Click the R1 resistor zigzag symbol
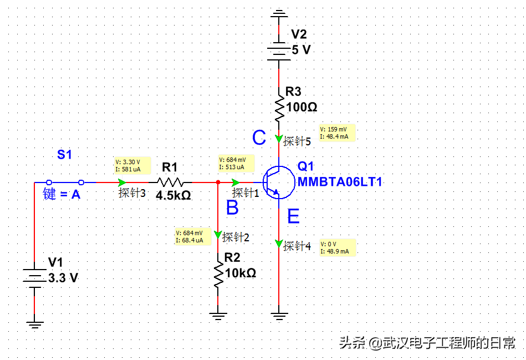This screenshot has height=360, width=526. point(171,181)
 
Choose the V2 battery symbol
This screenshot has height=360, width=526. point(279,50)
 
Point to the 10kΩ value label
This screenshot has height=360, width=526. point(241,273)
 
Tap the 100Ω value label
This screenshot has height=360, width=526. point(302,107)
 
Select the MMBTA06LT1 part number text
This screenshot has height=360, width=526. point(340,182)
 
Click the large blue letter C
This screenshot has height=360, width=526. point(259,138)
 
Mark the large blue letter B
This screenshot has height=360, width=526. point(232,208)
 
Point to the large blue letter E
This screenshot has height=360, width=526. point(293,216)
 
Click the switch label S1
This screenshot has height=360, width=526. point(65,155)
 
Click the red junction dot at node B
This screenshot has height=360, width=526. point(218,182)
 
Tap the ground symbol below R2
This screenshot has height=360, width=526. point(218,317)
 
